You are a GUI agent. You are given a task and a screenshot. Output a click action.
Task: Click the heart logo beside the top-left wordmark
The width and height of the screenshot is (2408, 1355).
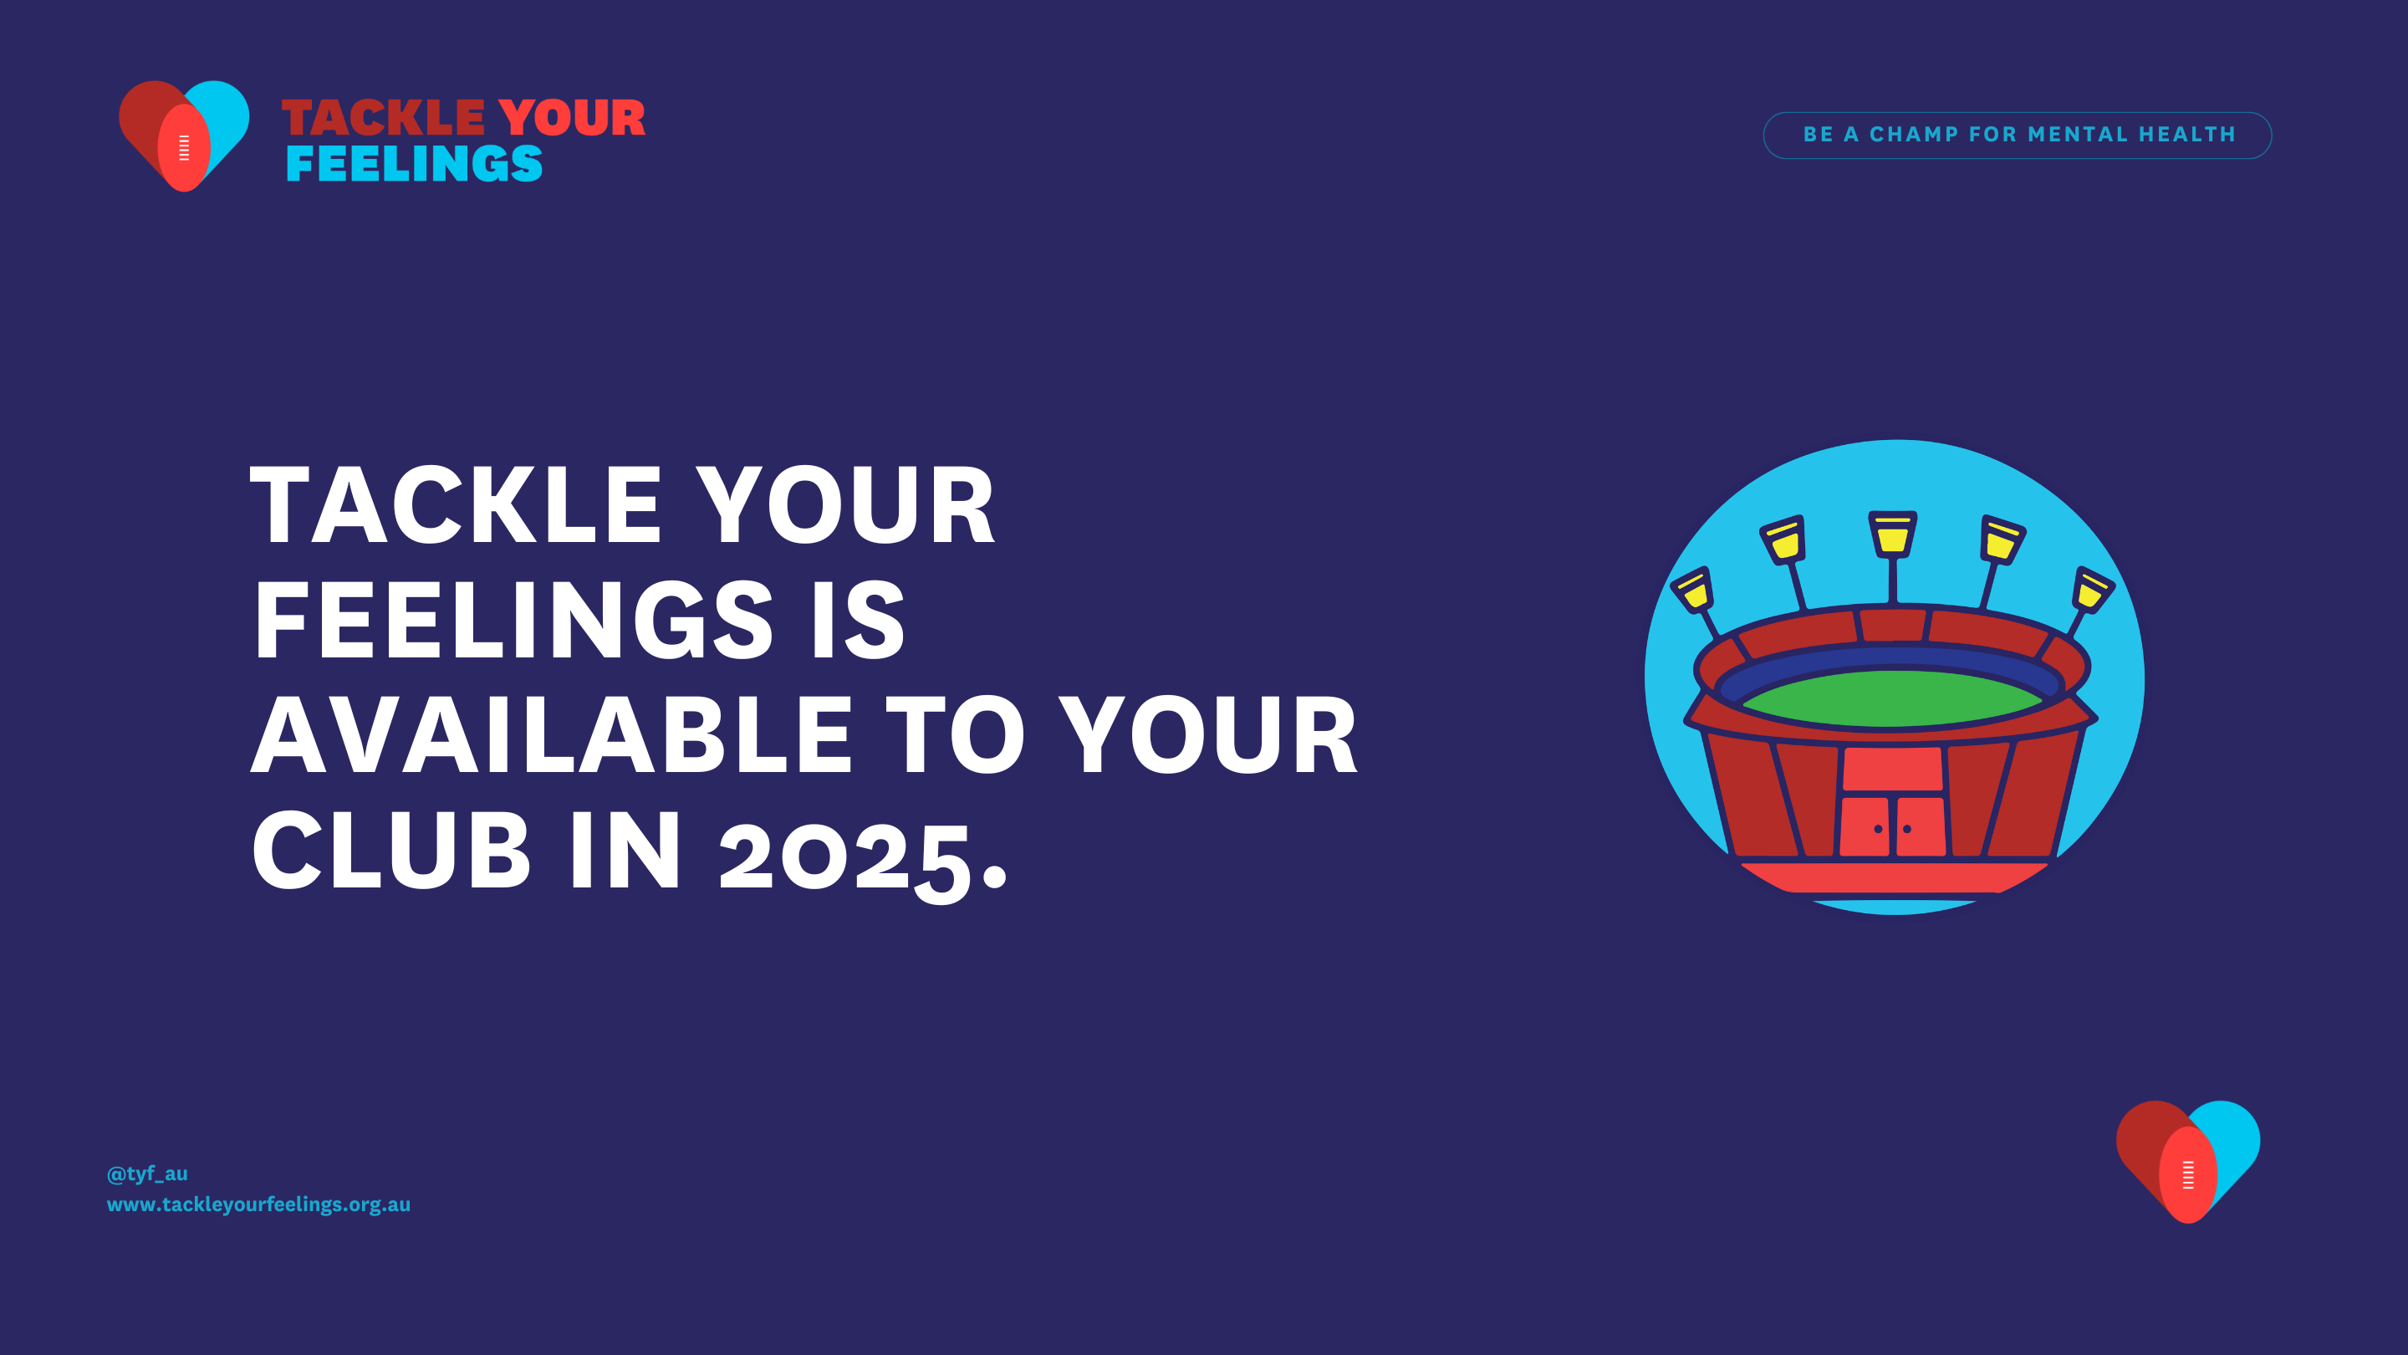click(x=184, y=135)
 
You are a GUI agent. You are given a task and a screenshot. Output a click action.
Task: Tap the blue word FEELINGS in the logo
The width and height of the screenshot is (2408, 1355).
click(x=414, y=164)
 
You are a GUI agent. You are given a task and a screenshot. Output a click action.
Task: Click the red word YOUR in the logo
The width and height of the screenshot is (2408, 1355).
click(x=572, y=118)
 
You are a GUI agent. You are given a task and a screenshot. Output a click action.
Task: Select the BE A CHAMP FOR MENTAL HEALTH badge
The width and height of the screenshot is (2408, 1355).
click(x=2018, y=135)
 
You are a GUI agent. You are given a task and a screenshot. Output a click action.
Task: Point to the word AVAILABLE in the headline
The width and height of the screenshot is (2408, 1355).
click(x=552, y=736)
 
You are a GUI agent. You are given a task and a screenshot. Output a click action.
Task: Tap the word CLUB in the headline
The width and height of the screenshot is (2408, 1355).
click(x=390, y=850)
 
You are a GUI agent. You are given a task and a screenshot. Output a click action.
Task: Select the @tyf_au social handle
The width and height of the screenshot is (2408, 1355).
click(x=147, y=1173)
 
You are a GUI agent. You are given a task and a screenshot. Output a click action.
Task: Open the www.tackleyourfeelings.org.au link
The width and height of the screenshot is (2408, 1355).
click(x=259, y=1204)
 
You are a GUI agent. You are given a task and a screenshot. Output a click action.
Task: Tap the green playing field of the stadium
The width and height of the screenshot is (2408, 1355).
click(x=1892, y=698)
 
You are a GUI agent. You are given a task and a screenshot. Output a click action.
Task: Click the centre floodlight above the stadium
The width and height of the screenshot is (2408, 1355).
click(x=1893, y=534)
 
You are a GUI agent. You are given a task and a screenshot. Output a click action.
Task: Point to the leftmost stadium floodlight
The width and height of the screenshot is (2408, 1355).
click(x=1693, y=590)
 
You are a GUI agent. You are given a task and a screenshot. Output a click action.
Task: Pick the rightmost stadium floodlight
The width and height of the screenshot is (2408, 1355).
click(x=2092, y=590)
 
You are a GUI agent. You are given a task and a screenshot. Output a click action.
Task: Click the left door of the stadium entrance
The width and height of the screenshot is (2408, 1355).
click(x=1865, y=826)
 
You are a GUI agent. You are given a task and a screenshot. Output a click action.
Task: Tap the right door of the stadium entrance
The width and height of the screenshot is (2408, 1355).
click(x=1921, y=826)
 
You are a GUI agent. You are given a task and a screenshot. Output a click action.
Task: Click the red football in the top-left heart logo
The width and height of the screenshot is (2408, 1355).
click(x=184, y=148)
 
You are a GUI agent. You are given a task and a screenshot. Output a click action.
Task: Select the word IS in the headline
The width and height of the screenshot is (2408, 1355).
click(x=858, y=620)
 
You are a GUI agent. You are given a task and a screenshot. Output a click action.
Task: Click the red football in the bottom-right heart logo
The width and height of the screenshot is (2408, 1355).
click(x=2188, y=1174)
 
